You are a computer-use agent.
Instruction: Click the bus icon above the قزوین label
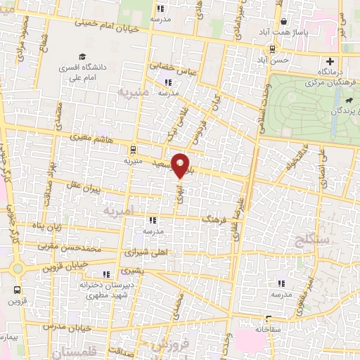(x=15, y=290)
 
